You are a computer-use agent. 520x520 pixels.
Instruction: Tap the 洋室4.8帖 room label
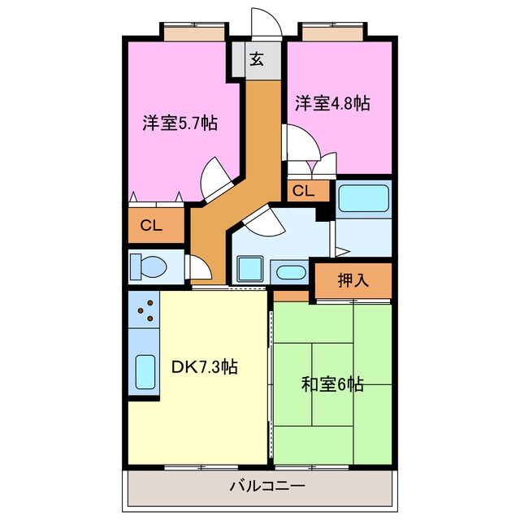(332, 103)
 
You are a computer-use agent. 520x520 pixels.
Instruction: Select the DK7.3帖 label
(204, 366)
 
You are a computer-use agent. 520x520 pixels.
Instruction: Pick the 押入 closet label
(353, 281)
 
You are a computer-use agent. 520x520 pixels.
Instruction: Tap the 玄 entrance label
(257, 58)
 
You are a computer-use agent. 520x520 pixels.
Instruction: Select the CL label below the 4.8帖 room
(303, 192)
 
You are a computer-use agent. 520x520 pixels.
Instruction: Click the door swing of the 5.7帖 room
(216, 175)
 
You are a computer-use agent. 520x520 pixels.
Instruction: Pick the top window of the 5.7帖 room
(193, 32)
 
